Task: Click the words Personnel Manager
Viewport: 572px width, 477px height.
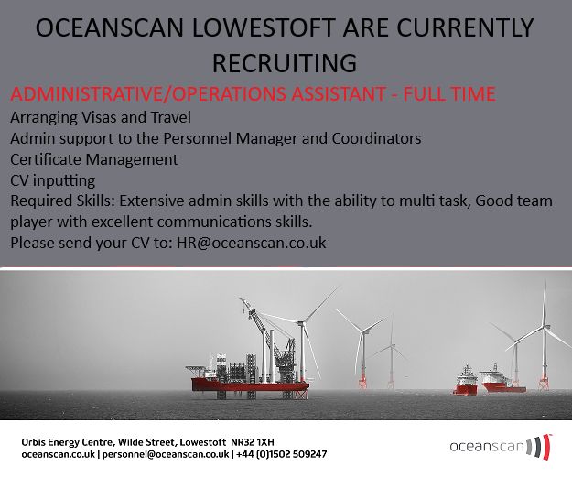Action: coord(292,138)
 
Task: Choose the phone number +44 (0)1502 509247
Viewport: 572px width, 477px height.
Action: coord(283,454)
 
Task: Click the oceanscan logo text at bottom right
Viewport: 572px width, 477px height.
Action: coord(486,447)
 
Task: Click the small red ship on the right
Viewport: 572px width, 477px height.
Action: coord(466,384)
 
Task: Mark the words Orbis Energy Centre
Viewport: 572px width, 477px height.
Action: coord(64,441)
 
